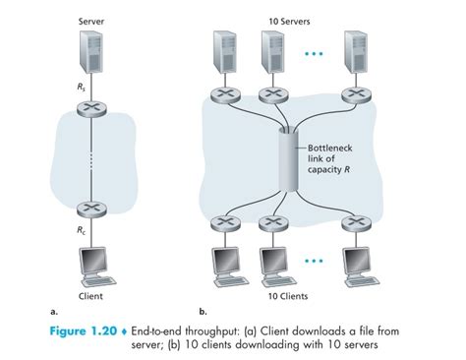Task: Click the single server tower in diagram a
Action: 91,51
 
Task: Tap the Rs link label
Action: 82,87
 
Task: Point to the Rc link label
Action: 82,230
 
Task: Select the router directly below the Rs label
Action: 91,108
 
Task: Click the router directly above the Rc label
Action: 91,210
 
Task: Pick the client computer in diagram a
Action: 96,267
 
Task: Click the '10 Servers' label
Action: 289,22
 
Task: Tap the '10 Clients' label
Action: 288,296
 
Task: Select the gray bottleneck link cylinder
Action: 288,160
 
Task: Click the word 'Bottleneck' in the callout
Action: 330,149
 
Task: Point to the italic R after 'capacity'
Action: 346,170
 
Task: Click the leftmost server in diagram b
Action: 225,52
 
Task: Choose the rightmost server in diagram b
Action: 356,52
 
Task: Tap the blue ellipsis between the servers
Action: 314,53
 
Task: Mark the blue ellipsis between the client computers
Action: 314,262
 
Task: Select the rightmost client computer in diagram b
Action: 361,267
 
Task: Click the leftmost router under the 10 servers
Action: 225,95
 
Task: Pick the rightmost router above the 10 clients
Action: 357,224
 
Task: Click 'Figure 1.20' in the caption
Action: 84,330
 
